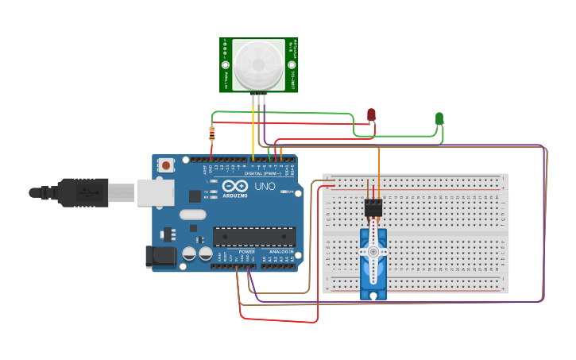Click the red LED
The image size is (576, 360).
coord(371,115)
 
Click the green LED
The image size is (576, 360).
coord(439,118)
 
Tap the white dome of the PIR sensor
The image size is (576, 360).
coord(259,64)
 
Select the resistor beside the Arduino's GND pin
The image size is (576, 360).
coord(211,134)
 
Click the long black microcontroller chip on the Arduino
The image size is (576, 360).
coord(253,236)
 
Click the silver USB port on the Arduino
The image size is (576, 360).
coord(156,192)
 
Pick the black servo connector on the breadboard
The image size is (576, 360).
coord(373,207)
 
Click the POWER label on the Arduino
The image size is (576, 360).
coord(247,251)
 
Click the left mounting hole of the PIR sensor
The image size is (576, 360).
coord(225,64)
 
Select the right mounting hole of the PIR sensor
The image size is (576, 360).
coord(292,64)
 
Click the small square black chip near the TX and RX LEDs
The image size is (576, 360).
coord(195,195)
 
